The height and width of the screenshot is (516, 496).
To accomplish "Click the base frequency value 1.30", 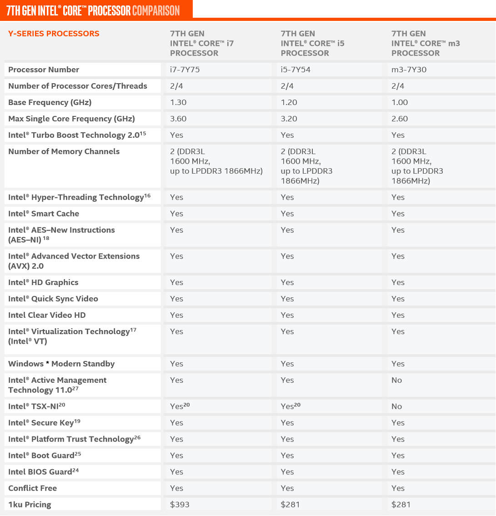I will coord(178,102).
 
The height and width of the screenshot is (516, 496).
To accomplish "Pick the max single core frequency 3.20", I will coord(289,119).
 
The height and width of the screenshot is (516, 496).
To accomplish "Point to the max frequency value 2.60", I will coord(400,119).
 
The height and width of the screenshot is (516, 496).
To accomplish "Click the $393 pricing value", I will coord(180,504).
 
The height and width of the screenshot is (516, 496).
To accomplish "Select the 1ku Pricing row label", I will coord(30,504).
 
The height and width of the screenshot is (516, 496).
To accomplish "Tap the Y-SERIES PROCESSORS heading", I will coord(54,34).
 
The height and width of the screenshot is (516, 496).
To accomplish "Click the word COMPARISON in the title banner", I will coord(156,10).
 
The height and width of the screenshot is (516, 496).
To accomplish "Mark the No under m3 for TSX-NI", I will coord(397,406).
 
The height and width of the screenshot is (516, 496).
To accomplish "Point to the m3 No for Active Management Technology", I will coord(397,380).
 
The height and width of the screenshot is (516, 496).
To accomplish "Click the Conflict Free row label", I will coord(33,488).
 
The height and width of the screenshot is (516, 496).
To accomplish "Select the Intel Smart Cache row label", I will coord(44,214).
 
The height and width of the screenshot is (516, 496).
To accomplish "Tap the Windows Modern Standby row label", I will coord(61,364).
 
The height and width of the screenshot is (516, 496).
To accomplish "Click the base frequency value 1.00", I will coord(400,102).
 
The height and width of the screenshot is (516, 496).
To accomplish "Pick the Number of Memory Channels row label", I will coord(64,151).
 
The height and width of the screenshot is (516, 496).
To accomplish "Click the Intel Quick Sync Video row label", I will coord(53,299).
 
